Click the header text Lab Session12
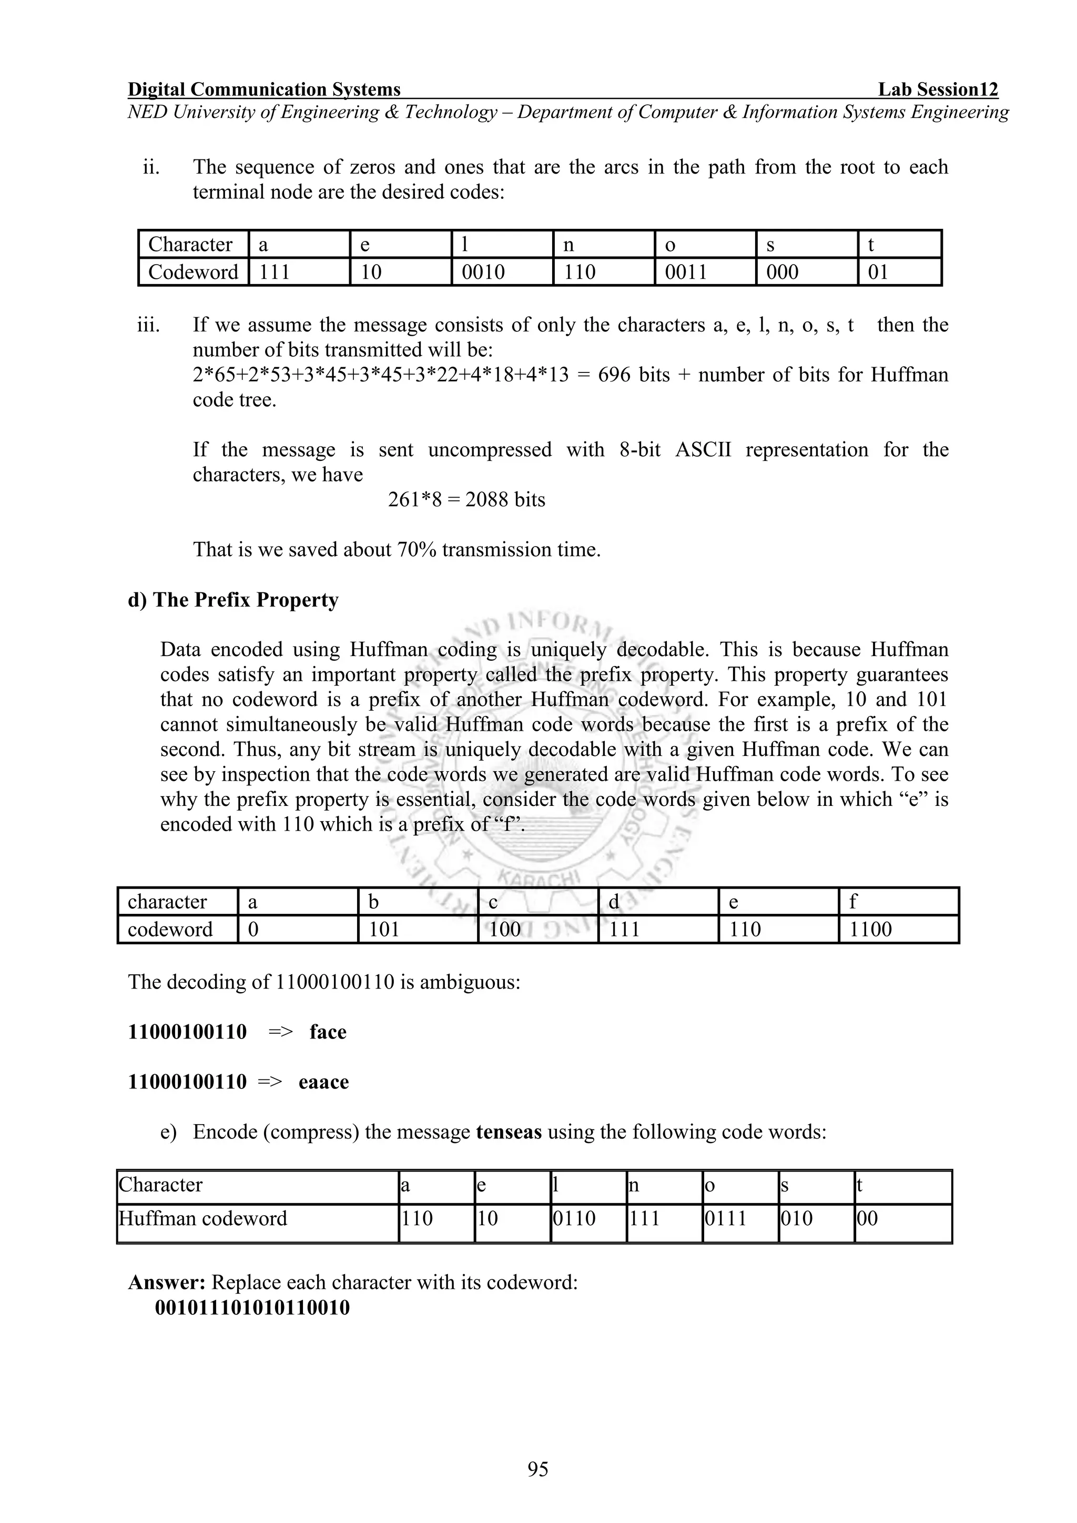tap(938, 89)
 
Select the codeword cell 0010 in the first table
tap(483, 272)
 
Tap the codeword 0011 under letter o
tap(686, 272)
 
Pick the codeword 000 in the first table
tap(783, 272)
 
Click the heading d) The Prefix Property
tap(233, 600)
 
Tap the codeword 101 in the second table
tap(384, 930)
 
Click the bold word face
tap(328, 1032)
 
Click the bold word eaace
tap(323, 1082)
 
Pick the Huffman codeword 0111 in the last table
tap(726, 1218)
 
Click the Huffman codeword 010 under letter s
tap(797, 1218)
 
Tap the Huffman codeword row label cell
tap(203, 1218)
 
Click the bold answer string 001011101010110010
tap(252, 1308)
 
